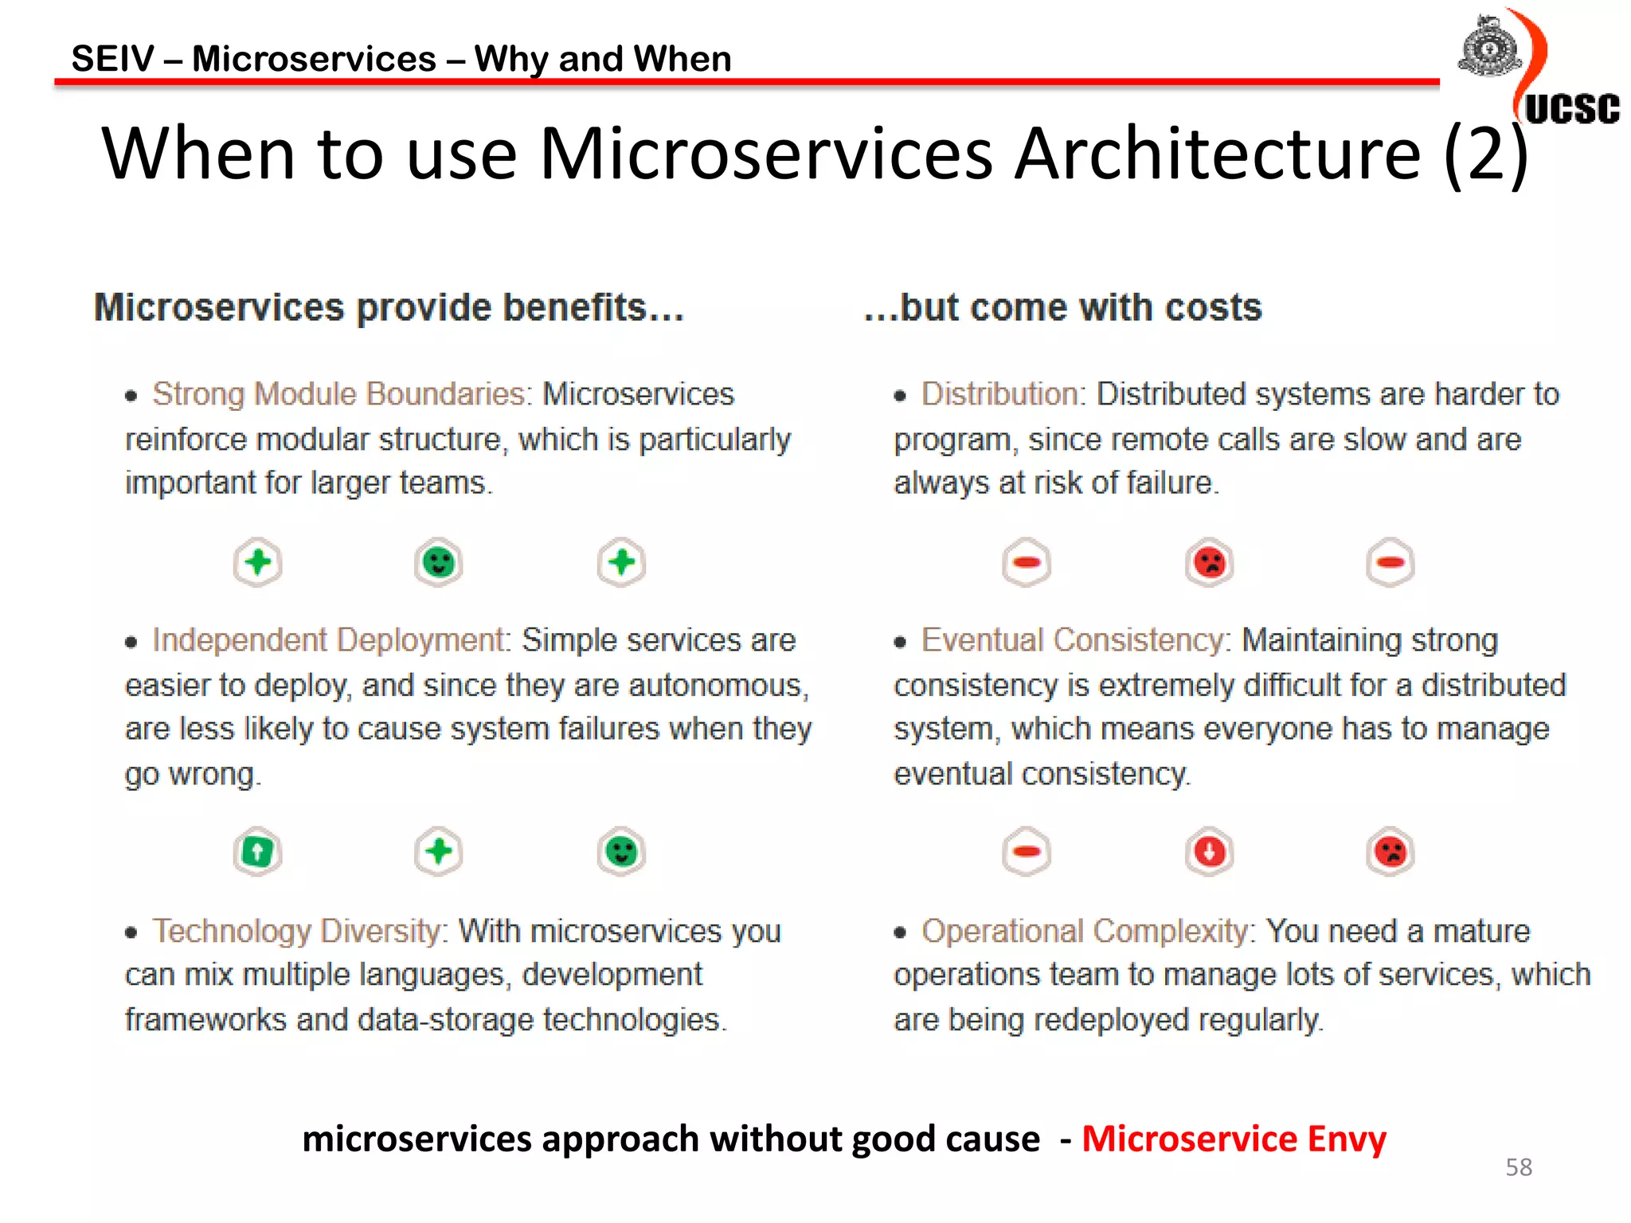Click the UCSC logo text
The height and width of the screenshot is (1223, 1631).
pyautogui.click(x=1571, y=109)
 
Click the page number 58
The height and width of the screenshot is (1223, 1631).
pyautogui.click(x=1519, y=1167)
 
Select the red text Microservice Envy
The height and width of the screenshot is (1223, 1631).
pyautogui.click(x=1234, y=1139)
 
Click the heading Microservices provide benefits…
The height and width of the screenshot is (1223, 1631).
pyautogui.click(x=389, y=307)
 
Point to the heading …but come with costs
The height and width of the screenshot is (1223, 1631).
pyautogui.click(x=1063, y=307)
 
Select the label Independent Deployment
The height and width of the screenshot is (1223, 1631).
pyautogui.click(x=331, y=640)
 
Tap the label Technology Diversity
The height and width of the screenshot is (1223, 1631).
pyautogui.click(x=300, y=931)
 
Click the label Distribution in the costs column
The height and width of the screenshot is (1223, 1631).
pyautogui.click(x=1001, y=394)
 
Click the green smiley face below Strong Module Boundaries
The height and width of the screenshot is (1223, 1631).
pyautogui.click(x=439, y=563)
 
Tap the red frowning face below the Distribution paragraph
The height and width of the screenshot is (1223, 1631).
pyautogui.click(x=1210, y=563)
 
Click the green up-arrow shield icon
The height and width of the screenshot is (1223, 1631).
pyautogui.click(x=258, y=852)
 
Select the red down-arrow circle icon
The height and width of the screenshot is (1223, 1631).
pyautogui.click(x=1210, y=852)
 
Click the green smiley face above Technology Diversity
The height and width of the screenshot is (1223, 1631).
pyautogui.click(x=621, y=852)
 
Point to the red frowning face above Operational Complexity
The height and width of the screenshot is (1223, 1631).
pyautogui.click(x=1390, y=852)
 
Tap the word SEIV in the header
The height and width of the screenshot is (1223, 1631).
pyautogui.click(x=112, y=59)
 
